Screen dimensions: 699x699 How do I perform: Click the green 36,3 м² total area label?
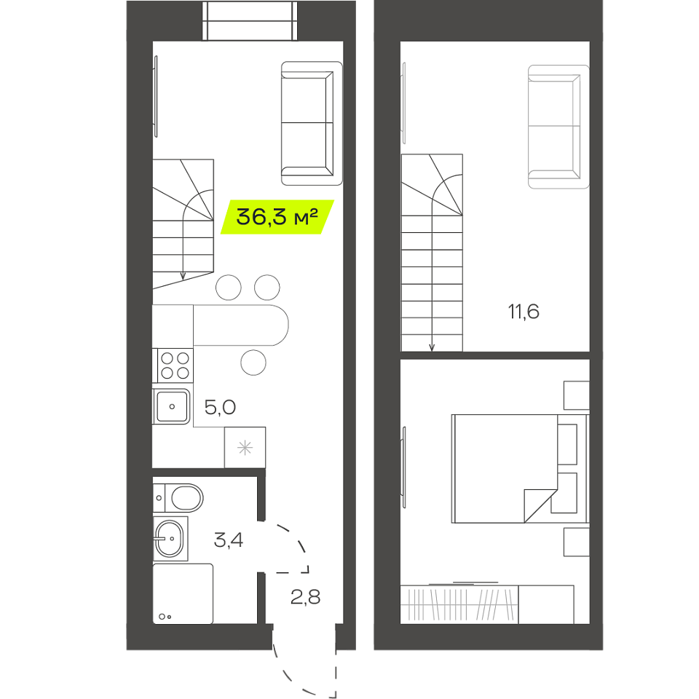point(277,217)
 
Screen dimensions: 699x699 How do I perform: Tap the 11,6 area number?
point(524,312)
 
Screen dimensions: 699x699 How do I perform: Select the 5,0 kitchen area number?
point(220,407)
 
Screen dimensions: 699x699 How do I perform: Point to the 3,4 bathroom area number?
point(228,540)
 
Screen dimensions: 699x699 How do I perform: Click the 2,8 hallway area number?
point(305,596)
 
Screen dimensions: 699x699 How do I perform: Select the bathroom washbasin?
point(170,539)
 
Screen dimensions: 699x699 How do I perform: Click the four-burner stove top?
point(175,366)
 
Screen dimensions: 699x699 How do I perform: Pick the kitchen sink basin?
point(172,406)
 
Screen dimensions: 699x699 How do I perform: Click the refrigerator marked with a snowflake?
point(245,448)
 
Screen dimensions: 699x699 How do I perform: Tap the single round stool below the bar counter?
point(253,363)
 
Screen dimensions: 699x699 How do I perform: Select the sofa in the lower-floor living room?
point(312,124)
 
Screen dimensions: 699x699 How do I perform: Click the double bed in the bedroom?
point(520,468)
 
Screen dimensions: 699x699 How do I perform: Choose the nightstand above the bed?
point(577,395)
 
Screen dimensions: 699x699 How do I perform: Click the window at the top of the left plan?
point(250,20)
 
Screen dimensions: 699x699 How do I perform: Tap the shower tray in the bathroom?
point(183,594)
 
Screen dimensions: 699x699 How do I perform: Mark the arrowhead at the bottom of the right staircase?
point(432,348)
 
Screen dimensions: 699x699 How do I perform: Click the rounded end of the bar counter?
point(280,325)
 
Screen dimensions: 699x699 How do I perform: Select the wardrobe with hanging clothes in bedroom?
point(459,604)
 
